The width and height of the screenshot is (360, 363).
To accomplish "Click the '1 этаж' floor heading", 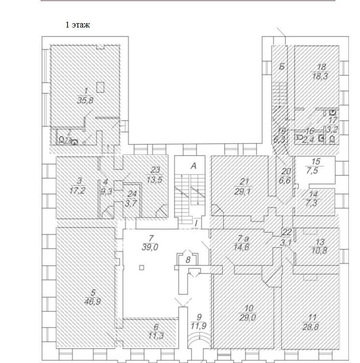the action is [x=78, y=25].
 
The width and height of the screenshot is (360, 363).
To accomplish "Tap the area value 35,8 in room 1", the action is [x=86, y=100].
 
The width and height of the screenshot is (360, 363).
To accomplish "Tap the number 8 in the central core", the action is [x=188, y=260].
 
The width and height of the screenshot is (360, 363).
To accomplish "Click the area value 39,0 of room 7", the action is [x=152, y=246].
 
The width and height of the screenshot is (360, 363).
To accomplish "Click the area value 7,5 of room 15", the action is [x=316, y=170].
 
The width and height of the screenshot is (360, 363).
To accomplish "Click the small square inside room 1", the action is [x=100, y=87].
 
